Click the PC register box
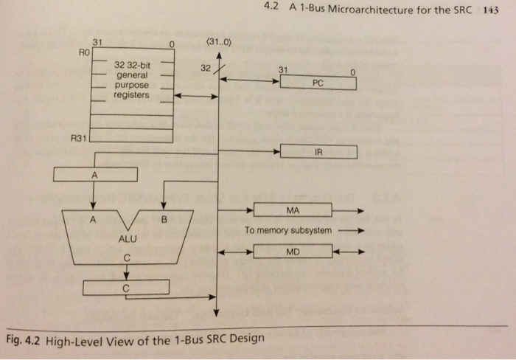[318, 83]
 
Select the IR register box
[318, 152]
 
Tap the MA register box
[293, 210]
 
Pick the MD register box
[293, 252]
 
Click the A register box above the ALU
[95, 175]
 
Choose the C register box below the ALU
[126, 288]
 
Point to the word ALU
[128, 239]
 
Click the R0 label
[84, 52]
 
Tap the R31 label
[79, 138]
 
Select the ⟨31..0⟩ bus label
[218, 42]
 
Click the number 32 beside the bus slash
[206, 68]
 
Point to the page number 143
[491, 10]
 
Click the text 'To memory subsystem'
[288, 230]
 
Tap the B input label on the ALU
[164, 219]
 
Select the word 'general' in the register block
[132, 75]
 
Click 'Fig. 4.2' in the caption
[23, 340]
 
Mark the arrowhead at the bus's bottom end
[216, 313]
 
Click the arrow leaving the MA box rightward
[348, 210]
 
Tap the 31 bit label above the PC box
[283, 70]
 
